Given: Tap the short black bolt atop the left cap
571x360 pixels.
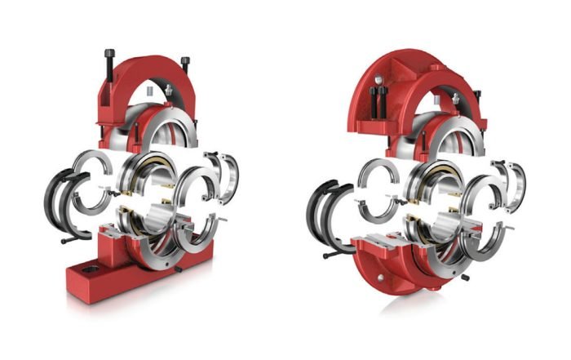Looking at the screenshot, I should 185,62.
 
